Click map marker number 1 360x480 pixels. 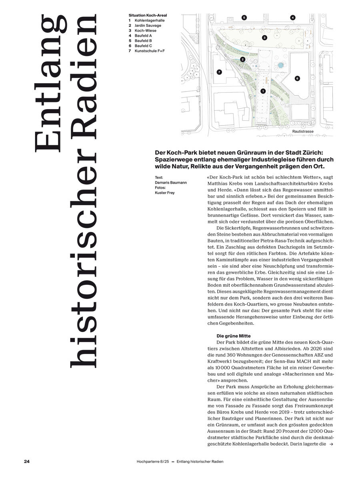click(x=263, y=91)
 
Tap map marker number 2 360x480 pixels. click(x=242, y=59)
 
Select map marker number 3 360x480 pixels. click(x=264, y=38)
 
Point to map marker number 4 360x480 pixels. click(x=293, y=18)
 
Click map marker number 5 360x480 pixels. click(x=244, y=18)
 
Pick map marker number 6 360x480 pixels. click(x=297, y=78)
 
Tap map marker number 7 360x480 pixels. click(x=219, y=72)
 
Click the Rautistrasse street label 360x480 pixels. click(x=303, y=131)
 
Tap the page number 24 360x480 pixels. click(x=27, y=461)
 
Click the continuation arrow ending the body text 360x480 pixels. click(x=330, y=444)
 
